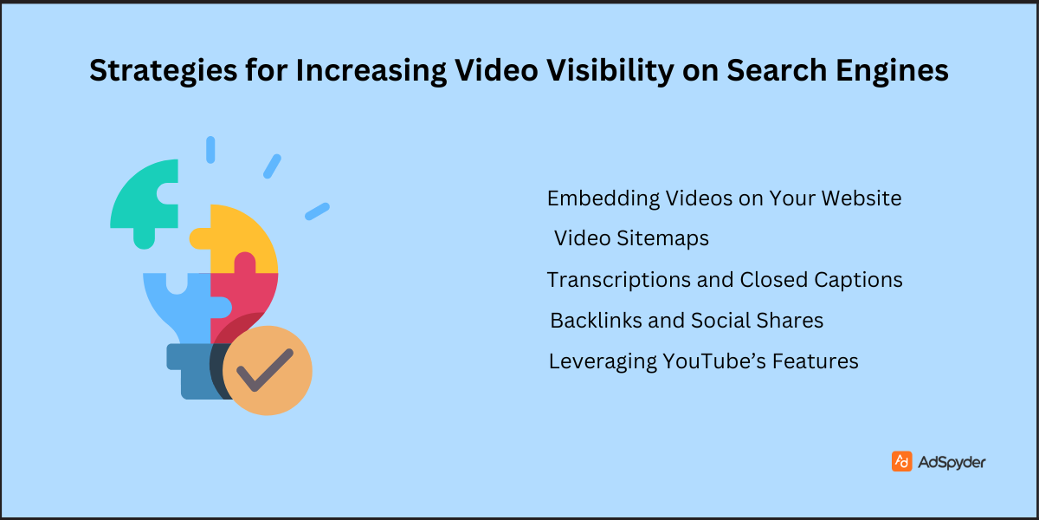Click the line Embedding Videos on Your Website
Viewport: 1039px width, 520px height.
point(724,198)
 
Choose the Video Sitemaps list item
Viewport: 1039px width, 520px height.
point(631,237)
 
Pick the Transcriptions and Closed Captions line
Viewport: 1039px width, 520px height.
point(724,280)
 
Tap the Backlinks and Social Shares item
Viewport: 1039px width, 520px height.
point(687,321)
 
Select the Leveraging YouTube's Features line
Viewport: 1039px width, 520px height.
point(703,361)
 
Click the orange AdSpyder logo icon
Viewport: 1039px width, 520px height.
point(901,462)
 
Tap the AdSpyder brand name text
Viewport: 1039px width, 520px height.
point(952,462)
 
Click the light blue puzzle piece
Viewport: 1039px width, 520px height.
point(177,303)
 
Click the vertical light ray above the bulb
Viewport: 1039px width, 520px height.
point(210,149)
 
